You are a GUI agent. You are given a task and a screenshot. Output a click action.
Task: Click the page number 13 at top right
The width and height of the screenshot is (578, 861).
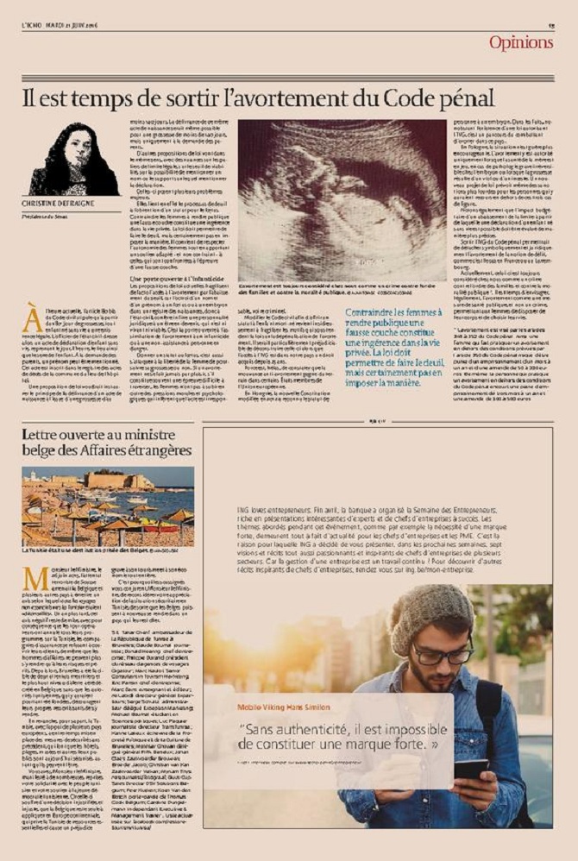[550, 26]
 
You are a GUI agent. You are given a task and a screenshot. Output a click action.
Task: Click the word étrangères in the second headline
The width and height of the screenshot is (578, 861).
[148, 450]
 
